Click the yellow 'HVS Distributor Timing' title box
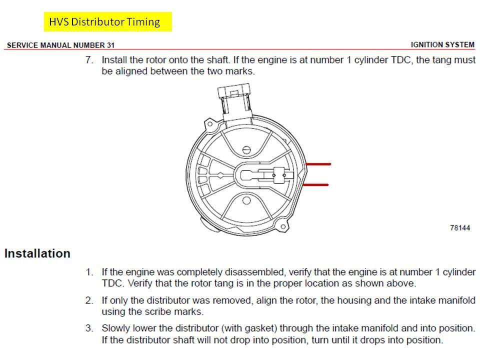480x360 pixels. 107,22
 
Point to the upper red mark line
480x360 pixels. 318,164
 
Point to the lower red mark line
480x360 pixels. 316,185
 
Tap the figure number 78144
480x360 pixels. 460,228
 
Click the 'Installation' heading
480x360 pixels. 37,253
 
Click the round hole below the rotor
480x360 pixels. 245,200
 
